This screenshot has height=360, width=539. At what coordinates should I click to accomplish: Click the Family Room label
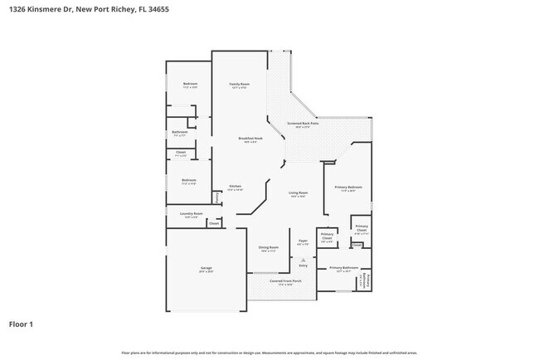click(240, 84)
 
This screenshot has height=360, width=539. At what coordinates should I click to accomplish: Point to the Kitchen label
click(236, 186)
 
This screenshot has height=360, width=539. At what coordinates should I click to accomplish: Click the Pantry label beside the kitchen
click(217, 197)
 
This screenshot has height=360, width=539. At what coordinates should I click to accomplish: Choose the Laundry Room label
click(189, 213)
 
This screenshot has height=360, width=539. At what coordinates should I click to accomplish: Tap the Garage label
click(206, 268)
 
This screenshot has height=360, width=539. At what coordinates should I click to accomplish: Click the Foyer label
click(303, 241)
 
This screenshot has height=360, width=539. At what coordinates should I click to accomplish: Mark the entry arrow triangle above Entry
click(303, 259)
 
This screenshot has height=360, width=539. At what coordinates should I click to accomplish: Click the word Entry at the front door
click(303, 265)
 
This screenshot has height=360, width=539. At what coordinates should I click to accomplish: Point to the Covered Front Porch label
click(286, 280)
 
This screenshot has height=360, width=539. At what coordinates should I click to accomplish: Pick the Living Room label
click(298, 193)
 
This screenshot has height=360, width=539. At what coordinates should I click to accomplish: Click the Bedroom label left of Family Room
click(190, 84)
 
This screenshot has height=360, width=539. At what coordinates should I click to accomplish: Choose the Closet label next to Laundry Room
click(213, 223)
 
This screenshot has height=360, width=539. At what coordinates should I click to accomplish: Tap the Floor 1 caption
click(22, 324)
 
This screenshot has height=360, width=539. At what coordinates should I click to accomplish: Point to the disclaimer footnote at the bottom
click(269, 353)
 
